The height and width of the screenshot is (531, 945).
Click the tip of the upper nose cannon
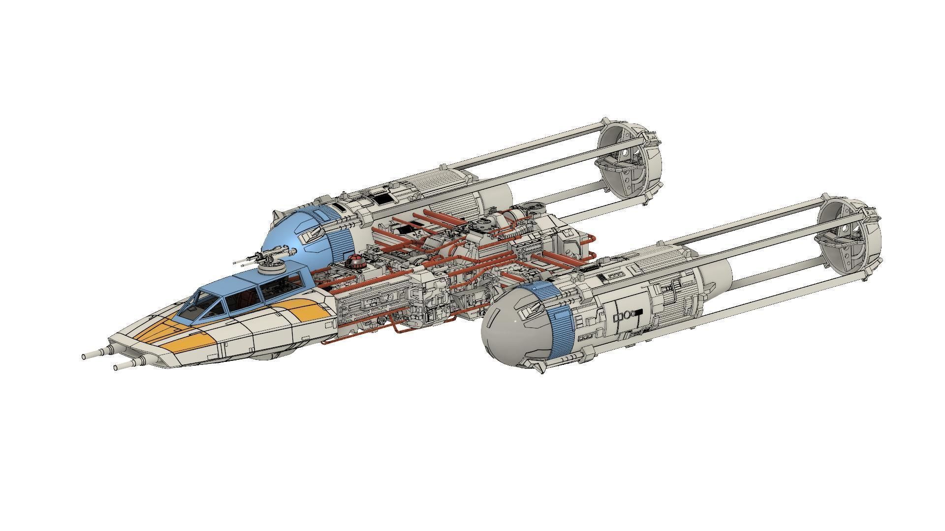coord(85,355)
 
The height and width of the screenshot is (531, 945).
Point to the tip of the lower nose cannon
coord(116,367)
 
